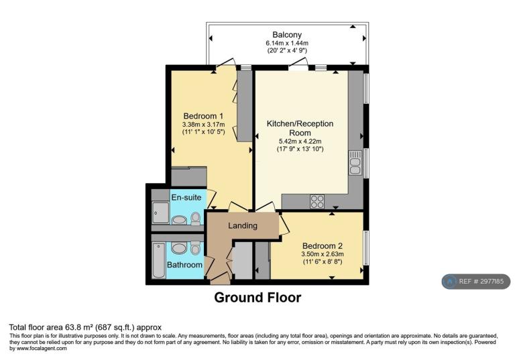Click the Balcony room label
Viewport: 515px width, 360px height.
click(x=287, y=35)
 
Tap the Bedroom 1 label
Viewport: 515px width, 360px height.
click(x=203, y=116)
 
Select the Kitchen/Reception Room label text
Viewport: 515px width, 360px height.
click(x=300, y=128)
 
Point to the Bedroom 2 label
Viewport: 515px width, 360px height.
click(x=323, y=245)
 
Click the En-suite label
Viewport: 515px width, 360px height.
click(x=186, y=197)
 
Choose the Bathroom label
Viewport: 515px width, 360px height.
click(x=184, y=264)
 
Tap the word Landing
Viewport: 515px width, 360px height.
click(x=243, y=226)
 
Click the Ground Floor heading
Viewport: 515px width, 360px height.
click(x=257, y=298)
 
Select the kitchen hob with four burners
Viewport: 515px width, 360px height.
click(x=317, y=202)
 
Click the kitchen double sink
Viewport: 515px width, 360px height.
click(x=355, y=163)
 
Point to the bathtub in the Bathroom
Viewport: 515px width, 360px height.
click(x=159, y=261)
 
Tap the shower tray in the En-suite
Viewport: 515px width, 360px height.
click(x=161, y=213)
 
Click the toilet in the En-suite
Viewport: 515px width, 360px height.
click(x=196, y=219)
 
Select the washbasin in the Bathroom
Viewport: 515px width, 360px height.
click(x=179, y=249)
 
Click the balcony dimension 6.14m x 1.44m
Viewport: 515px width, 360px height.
click(x=287, y=43)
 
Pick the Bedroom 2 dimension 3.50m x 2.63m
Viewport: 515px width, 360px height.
click(x=323, y=254)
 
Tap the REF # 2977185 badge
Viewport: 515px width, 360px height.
click(x=476, y=282)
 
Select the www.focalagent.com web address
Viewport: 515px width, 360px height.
click(x=41, y=348)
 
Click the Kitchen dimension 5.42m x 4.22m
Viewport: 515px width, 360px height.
click(x=300, y=141)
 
